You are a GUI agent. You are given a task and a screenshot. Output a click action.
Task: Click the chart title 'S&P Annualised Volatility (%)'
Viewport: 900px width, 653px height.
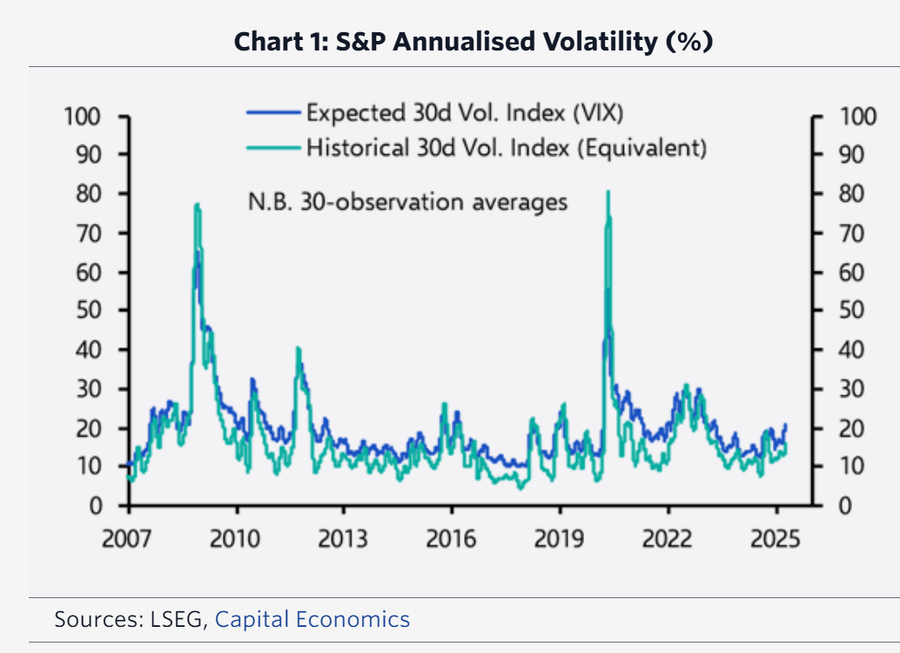(474, 42)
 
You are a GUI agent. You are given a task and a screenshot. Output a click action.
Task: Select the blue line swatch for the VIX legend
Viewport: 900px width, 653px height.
(273, 112)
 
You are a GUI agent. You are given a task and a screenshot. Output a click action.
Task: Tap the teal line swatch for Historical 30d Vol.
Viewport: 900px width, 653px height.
(273, 147)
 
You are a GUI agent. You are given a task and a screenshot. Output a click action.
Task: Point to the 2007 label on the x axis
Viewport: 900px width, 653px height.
(127, 538)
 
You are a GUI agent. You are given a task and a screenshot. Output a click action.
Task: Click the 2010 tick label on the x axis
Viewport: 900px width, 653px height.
(235, 538)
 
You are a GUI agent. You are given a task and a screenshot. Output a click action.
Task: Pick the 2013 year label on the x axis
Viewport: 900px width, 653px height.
(343, 538)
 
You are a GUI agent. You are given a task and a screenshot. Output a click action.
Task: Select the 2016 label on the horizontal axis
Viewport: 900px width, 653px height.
(451, 538)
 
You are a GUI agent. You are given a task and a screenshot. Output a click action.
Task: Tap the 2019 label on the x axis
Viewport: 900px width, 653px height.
(559, 538)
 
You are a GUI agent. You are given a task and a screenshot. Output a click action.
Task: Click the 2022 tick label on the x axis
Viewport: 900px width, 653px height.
(668, 538)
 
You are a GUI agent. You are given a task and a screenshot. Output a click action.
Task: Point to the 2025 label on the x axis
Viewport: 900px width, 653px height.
(776, 538)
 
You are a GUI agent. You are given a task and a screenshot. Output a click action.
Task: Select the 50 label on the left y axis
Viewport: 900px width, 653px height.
(91, 311)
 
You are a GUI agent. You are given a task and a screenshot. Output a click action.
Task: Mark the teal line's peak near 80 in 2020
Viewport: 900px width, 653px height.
(608, 192)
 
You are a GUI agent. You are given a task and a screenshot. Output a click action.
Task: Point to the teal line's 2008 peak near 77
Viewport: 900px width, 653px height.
(198, 205)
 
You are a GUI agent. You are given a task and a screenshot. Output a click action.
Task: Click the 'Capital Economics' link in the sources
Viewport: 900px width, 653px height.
(312, 620)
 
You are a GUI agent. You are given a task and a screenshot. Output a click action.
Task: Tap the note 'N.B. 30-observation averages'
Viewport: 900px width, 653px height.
(407, 202)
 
